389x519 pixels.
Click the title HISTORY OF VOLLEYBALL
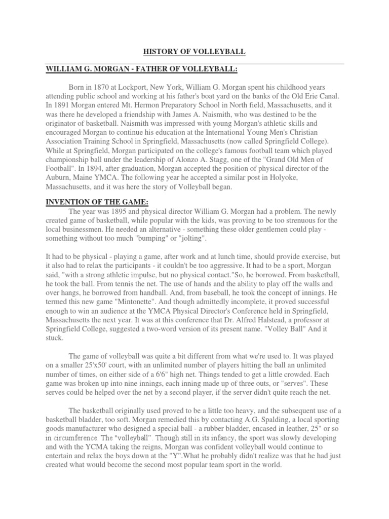(194, 52)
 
